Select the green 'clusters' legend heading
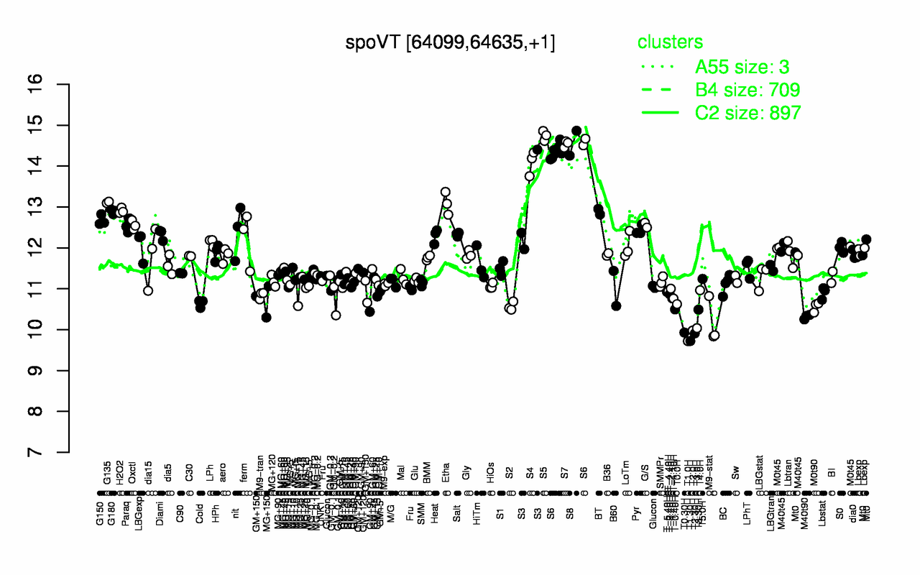670,42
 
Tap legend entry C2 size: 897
747,113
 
